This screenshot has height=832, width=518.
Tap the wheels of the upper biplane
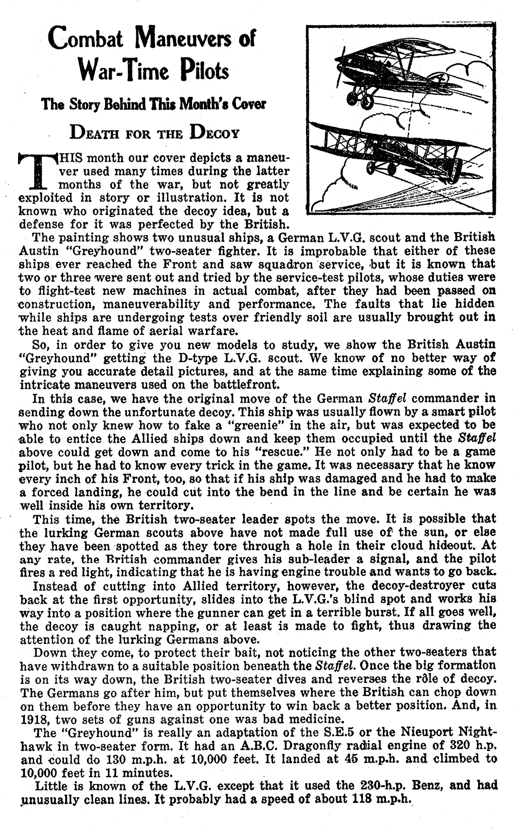[x=360, y=99]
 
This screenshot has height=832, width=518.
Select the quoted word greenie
[x=256, y=425]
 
